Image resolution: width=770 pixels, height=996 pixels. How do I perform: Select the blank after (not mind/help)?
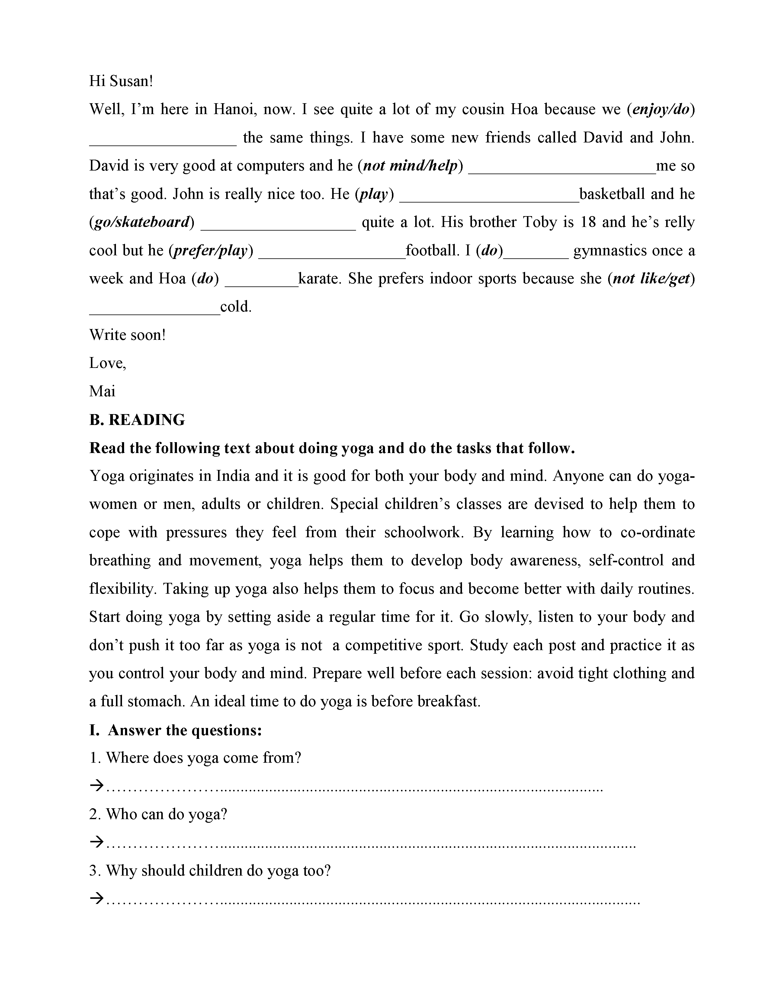pos(562,167)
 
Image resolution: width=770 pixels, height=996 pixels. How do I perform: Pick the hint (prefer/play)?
pos(211,251)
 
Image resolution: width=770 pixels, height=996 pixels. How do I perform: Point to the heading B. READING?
pos(137,420)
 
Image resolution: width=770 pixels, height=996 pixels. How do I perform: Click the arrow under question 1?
pos(97,785)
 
